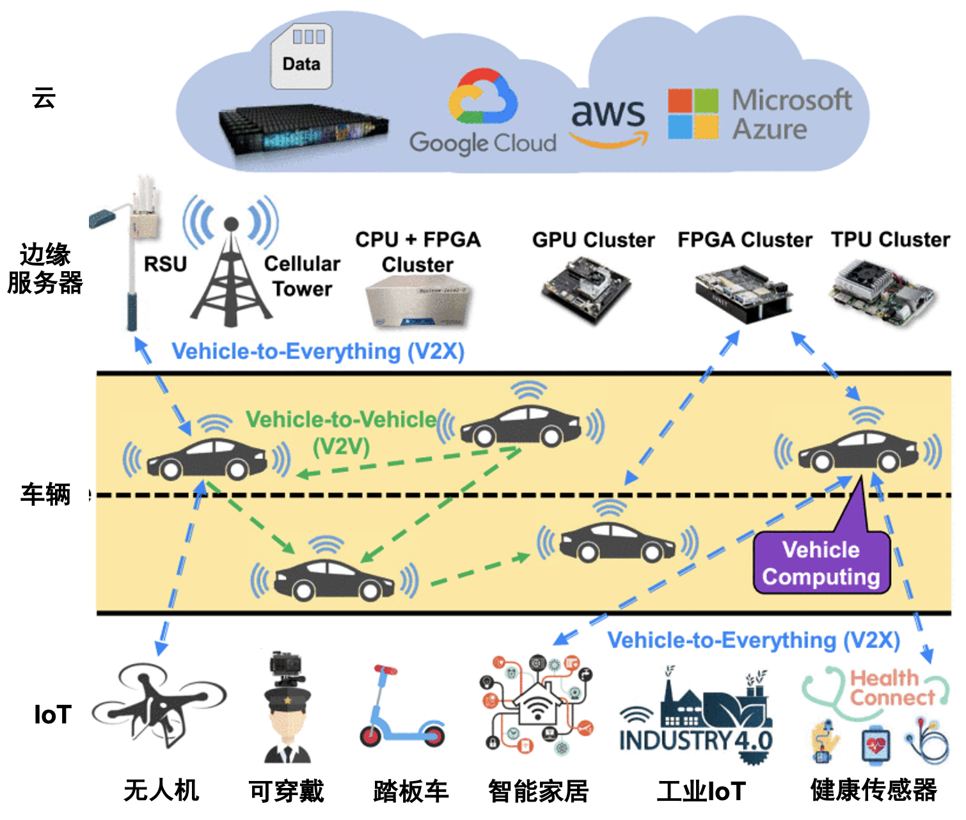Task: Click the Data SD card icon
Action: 301,56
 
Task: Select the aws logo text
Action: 607,113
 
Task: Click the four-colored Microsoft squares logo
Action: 692,114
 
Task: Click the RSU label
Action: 165,264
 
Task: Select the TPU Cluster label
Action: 890,239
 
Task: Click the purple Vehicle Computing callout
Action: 821,562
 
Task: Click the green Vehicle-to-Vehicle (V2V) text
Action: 341,432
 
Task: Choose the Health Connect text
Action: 892,688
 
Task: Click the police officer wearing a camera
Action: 287,710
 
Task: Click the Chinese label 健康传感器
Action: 873,791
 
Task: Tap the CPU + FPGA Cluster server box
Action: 417,303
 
